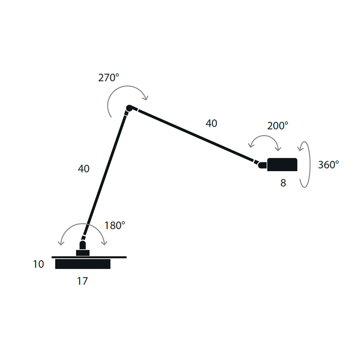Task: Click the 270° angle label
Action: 109,77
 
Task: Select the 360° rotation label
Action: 328,165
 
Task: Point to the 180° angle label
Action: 115,225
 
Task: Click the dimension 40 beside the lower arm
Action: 83,169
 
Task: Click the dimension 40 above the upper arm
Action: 211,123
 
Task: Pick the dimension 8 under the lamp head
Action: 283,183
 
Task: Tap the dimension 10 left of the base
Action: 38,264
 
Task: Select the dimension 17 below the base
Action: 82,281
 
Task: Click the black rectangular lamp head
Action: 282,165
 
